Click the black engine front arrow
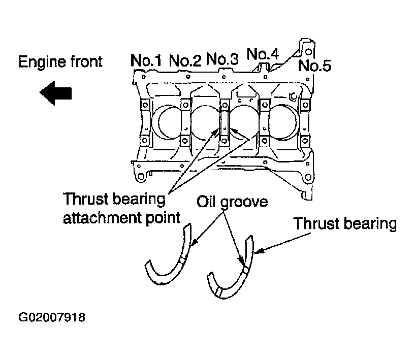[x=55, y=93]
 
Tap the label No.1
[x=146, y=60]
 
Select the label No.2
[x=185, y=60]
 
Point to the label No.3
[x=222, y=59]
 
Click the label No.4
[x=263, y=54]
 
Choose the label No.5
[x=314, y=66]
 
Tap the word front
[x=86, y=61]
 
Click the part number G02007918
[x=52, y=317]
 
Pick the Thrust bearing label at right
[x=345, y=224]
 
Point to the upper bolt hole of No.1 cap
[x=145, y=105]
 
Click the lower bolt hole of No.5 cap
[x=305, y=140]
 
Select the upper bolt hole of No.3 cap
[x=225, y=105]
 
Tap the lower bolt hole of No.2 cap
[x=185, y=140]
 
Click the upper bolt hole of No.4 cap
[x=265, y=105]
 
